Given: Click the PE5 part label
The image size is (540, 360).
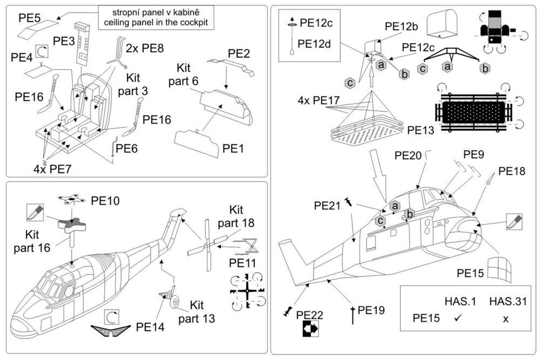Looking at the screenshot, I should pos(30,17).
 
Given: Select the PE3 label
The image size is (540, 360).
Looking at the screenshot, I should pos(64,40).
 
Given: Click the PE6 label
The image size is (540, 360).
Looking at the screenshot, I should pos(128,148).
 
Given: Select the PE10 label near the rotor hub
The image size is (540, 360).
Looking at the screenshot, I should pos(106,200).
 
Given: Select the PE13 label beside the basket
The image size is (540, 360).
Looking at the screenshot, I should pos(421,130).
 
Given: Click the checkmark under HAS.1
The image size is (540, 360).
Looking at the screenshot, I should pos(457,318).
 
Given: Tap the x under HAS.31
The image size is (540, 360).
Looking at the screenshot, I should pos(505,319).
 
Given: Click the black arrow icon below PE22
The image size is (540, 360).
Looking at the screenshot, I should pos(307,328).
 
